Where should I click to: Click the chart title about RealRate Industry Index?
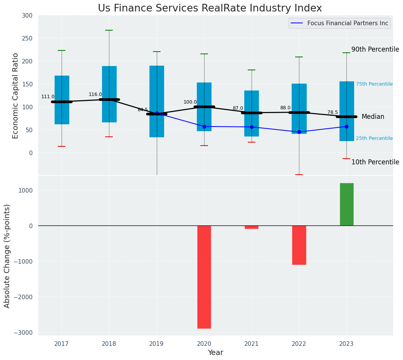(x=210, y=8)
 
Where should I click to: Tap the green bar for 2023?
(x=346, y=204)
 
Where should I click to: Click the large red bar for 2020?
(x=204, y=277)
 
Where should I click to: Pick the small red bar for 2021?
(x=252, y=227)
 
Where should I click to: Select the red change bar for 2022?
(x=299, y=245)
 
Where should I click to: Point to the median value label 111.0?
(x=48, y=97)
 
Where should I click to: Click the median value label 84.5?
(x=143, y=110)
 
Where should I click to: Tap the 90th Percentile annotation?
(x=375, y=49)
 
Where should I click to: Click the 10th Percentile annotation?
(x=375, y=162)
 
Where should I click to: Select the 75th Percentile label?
(x=374, y=84)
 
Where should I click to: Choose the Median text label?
(x=373, y=117)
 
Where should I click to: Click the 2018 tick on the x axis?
(x=109, y=344)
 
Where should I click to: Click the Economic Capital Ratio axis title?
(x=16, y=96)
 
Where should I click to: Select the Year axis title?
(x=216, y=353)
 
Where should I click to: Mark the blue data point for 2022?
(x=299, y=132)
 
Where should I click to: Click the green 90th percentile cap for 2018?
(x=109, y=30)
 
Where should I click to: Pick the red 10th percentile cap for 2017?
(x=62, y=146)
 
